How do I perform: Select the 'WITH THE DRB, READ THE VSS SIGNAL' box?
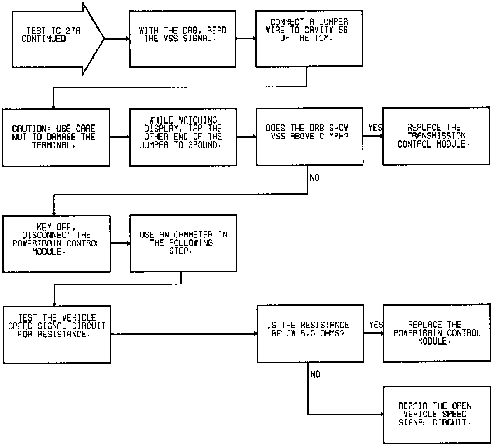[183, 39]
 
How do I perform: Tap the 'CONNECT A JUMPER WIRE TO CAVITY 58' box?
[309, 39]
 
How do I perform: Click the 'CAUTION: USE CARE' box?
[56, 137]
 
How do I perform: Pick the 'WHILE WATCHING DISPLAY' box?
[183, 137]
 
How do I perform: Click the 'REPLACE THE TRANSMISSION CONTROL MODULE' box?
[436, 136]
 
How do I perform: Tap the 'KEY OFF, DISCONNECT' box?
[56, 243]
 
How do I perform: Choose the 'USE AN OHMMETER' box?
[183, 243]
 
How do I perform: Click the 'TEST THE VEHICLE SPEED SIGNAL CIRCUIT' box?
[56, 334]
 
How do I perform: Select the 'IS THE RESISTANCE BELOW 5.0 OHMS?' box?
[310, 333]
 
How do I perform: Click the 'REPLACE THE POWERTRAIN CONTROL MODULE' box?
[437, 333]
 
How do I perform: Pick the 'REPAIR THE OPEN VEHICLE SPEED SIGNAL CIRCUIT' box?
[437, 414]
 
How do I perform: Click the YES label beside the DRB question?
[375, 128]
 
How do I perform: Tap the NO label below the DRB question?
[315, 178]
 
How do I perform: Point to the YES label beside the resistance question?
[376, 325]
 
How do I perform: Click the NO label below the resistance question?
[315, 374]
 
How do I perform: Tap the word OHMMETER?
[193, 235]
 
